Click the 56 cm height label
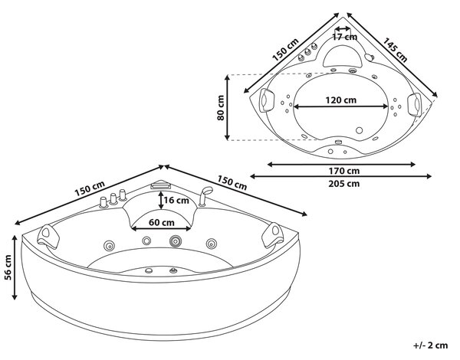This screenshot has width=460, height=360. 8,267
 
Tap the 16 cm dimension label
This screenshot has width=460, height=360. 176,200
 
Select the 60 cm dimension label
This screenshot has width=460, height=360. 162,222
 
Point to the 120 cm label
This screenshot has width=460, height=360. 341,100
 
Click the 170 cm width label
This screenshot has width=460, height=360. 343,171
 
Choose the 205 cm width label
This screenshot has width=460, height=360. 343,184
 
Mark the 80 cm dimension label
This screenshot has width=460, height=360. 221,107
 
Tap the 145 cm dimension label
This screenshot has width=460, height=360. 395,50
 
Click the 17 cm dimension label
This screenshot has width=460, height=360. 345,37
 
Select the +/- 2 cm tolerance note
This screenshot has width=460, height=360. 431,345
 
